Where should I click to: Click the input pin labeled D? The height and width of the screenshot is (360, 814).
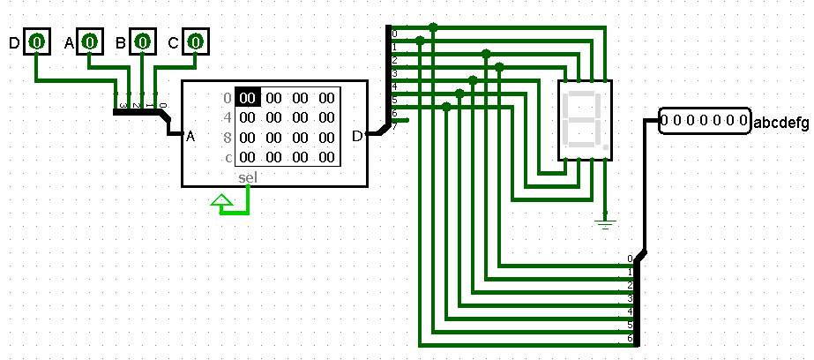[x=36, y=41]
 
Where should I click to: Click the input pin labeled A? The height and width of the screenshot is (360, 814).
[x=89, y=41]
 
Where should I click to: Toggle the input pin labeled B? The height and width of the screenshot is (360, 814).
[x=142, y=41]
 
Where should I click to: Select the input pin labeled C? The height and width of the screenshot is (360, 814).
[x=195, y=41]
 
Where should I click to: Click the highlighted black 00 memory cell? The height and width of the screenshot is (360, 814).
[x=248, y=98]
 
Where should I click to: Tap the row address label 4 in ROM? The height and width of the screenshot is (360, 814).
[x=228, y=117]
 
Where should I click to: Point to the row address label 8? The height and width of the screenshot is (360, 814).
[x=228, y=138]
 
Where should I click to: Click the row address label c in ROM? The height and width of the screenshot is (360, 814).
[x=228, y=158]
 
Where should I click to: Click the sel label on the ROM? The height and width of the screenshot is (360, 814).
[x=249, y=177]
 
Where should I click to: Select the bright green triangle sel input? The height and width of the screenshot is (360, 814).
[x=223, y=206]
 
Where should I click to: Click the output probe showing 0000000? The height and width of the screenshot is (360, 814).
[x=703, y=121]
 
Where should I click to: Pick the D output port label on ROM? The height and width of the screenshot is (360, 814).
[x=356, y=136]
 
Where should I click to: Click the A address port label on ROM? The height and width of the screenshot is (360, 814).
[x=190, y=137]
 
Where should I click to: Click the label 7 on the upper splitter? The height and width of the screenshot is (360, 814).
[x=394, y=126]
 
